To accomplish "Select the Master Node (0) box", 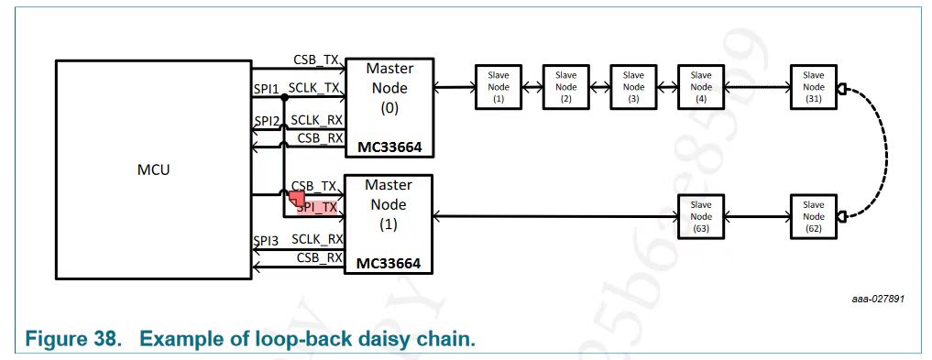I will coord(389,105).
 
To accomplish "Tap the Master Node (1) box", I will coord(389,223).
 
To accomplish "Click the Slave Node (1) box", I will coord(499,87).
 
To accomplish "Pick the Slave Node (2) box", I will coord(565,87).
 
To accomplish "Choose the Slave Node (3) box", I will coord(633,87).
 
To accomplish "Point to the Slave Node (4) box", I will coord(700,87).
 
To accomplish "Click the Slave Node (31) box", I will coord(813,87).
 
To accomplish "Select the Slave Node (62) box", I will coord(813,217).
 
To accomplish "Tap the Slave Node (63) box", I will coord(700,217).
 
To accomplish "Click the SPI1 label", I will coord(266,88).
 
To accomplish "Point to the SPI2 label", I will coord(266,121).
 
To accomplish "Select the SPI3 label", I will coord(266,240).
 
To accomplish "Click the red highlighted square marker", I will coord(297,198).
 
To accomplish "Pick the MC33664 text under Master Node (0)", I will coord(389,147).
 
